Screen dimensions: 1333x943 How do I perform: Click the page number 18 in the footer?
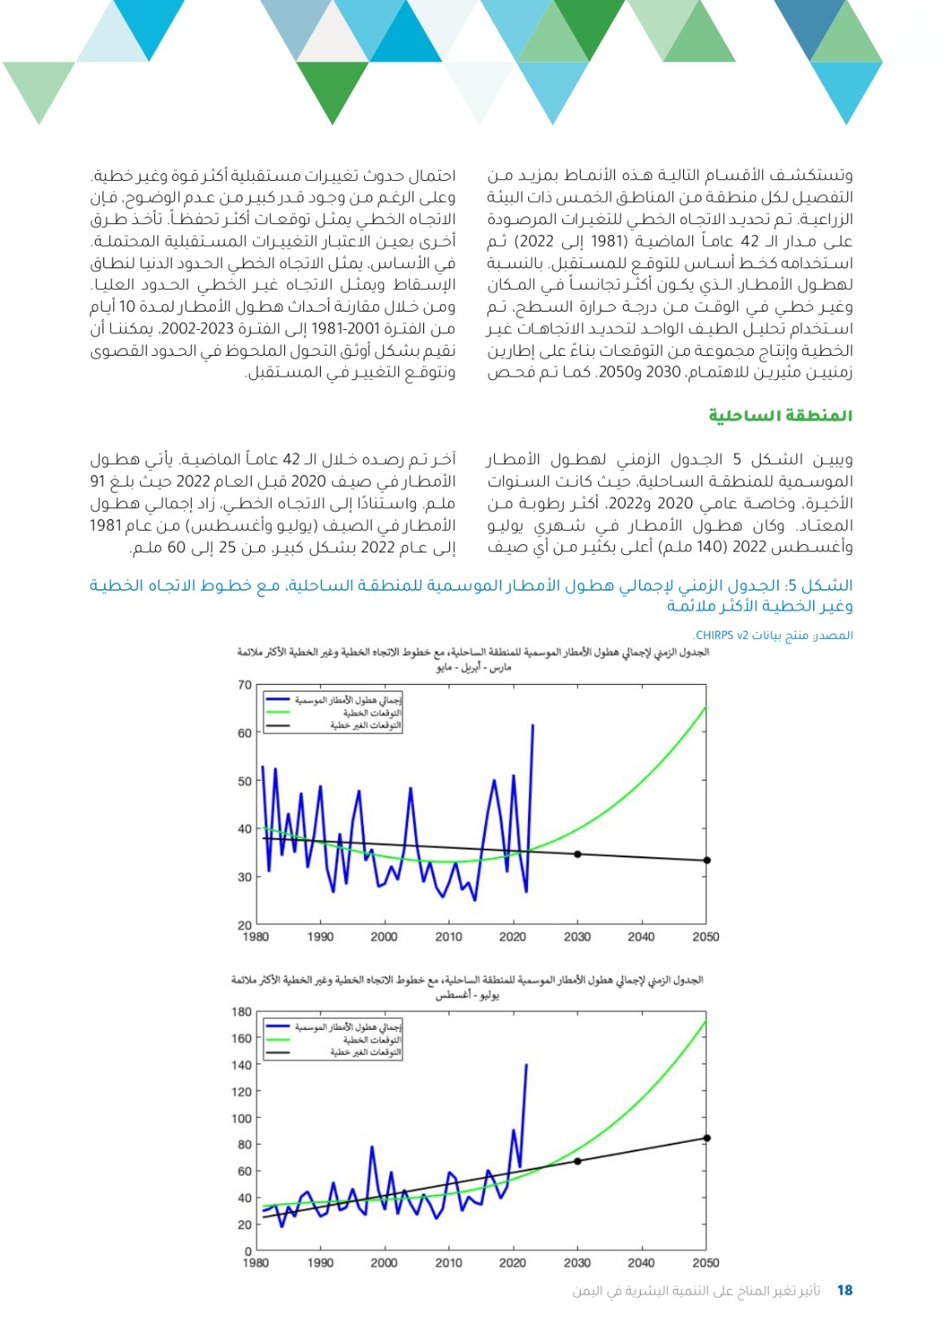(845, 1291)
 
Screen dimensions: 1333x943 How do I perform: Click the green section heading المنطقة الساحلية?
(781, 415)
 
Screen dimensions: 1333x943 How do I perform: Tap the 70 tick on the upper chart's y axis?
(244, 685)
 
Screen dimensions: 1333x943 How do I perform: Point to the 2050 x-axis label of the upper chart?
(706, 936)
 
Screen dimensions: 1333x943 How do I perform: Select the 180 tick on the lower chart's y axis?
(242, 1011)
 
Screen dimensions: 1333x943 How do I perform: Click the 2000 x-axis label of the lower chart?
(384, 1263)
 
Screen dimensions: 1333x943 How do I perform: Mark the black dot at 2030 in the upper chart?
(577, 854)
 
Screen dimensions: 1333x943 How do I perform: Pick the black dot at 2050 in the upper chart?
(706, 861)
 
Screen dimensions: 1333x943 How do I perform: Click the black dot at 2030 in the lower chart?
(577, 1161)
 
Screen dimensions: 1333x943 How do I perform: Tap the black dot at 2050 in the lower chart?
(706, 1138)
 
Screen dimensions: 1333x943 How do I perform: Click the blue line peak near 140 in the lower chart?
(526, 1065)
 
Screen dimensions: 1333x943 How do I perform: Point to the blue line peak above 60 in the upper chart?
(532, 726)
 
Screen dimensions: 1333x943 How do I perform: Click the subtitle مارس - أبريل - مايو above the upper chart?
(471, 667)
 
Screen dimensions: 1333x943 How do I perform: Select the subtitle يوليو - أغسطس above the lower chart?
(467, 995)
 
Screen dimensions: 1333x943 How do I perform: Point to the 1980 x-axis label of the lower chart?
(256, 1263)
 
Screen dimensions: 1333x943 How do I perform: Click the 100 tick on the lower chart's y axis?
(242, 1118)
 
